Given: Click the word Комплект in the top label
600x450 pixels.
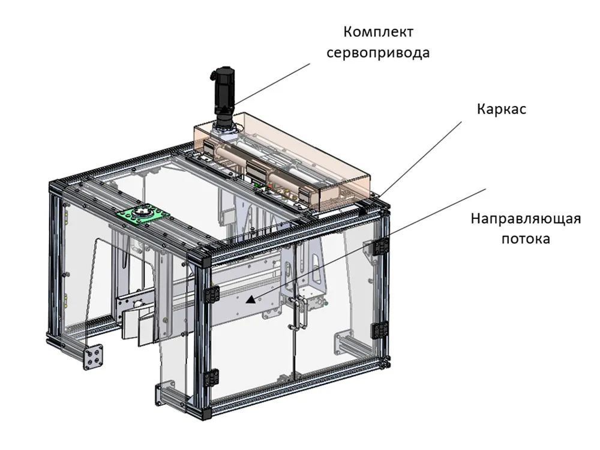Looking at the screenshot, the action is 378,32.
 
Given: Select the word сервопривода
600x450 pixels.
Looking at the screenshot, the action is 378,53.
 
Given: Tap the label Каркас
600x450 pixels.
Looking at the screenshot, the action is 501,109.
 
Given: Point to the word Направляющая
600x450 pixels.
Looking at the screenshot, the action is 526,219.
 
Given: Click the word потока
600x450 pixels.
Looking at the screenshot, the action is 526,239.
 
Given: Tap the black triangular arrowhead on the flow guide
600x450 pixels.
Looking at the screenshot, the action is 250,299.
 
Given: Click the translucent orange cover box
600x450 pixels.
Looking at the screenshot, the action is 282,161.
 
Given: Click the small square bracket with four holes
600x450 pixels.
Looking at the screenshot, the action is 94,356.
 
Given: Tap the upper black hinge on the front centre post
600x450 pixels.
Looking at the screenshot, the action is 212,294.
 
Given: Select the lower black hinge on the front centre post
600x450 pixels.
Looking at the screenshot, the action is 212,378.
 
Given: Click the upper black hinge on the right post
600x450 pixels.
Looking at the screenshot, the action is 381,247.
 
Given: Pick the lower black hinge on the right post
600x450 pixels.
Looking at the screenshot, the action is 380,331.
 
